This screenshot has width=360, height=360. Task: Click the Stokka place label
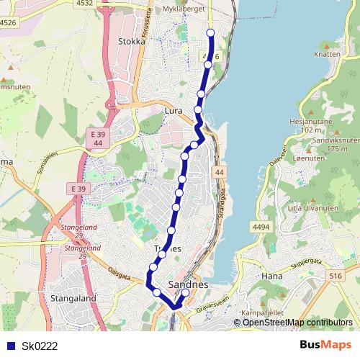click(131, 42)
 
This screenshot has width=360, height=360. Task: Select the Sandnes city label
click(187, 285)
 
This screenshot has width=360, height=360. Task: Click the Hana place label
click(273, 276)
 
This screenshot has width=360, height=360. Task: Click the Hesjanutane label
click(310, 122)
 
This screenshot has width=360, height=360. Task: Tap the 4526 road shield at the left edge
click(8, 23)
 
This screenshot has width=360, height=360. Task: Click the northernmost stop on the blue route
click(211, 33)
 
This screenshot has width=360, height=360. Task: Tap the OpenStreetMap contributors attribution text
click(297, 322)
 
